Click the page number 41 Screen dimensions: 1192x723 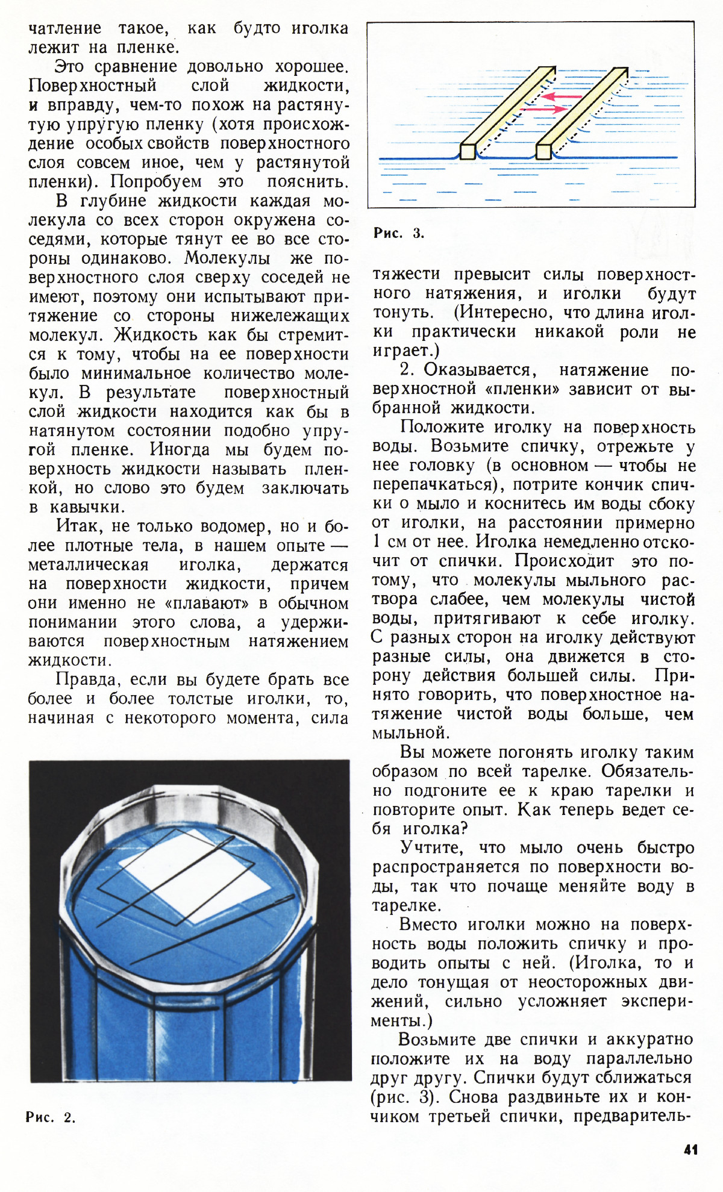coord(690,1149)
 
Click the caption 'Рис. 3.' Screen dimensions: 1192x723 coord(398,233)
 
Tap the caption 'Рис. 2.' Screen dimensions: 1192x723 coord(51,1117)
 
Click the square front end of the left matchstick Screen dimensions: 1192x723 coord(468,151)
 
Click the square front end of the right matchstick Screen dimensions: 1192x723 coord(543,151)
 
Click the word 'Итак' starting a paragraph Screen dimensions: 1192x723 coord(79,526)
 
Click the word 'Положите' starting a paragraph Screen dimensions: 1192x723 coord(442,427)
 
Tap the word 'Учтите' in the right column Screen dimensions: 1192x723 coord(431,847)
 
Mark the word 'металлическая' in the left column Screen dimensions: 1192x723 coord(89,565)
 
